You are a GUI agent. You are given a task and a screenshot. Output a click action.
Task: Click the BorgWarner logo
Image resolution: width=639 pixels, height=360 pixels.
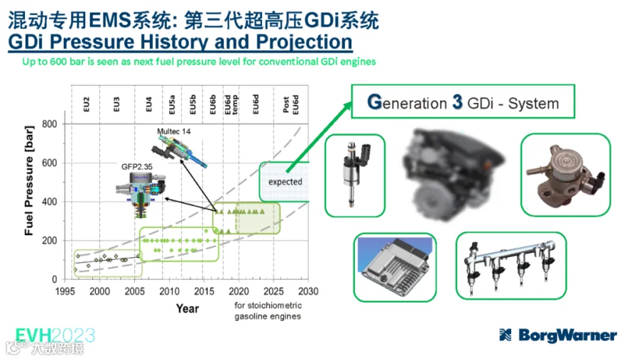[558, 335]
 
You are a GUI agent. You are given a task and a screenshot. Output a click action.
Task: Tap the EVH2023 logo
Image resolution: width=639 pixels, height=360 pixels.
[55, 336]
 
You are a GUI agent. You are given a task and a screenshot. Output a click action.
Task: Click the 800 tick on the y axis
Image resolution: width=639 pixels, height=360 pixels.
[49, 124]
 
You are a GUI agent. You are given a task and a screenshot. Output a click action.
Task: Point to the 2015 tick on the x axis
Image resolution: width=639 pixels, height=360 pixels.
[204, 291]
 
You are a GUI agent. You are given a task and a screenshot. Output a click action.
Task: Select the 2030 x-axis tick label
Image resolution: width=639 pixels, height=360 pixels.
[308, 291]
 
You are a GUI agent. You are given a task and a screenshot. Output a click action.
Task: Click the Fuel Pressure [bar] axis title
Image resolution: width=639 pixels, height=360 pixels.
[28, 180]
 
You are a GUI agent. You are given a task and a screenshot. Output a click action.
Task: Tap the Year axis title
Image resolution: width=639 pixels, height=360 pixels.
[187, 309]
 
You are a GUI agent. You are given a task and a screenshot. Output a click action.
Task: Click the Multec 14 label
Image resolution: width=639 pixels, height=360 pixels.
[174, 131]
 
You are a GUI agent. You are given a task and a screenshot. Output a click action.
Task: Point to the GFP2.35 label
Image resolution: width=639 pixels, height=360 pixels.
[137, 167]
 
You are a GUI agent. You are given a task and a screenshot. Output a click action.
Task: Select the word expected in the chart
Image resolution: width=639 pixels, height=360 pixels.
[285, 182]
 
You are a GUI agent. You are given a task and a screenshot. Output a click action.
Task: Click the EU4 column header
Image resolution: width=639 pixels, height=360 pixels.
[148, 104]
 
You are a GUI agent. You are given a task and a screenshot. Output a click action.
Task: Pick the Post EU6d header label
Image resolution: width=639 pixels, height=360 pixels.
[291, 105]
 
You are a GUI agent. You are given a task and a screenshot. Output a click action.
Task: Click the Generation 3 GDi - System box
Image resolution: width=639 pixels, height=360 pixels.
[463, 102]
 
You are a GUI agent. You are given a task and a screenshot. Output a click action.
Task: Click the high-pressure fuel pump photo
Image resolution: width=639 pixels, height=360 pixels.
[566, 175]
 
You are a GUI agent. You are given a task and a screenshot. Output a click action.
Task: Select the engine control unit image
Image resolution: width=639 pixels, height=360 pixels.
[395, 268]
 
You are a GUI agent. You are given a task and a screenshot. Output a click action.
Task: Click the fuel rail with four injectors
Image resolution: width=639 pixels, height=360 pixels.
[511, 266]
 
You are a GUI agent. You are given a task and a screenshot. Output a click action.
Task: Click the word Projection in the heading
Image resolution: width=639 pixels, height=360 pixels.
[304, 42]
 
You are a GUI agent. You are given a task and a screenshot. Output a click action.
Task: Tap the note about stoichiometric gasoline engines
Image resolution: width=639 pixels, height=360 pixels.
[268, 311]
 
